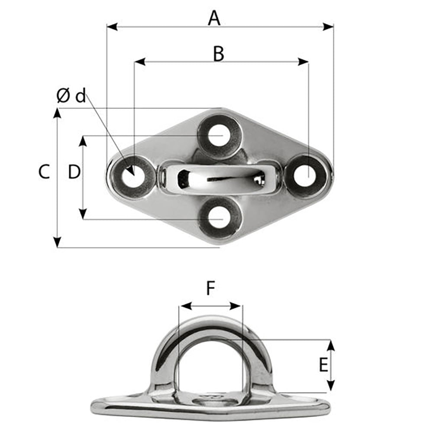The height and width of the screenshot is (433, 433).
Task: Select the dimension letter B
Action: tap(219, 54)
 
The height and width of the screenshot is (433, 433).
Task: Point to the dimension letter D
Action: tap(74, 172)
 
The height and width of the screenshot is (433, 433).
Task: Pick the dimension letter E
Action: tap(323, 365)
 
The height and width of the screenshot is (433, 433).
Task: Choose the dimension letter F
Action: tap(210, 288)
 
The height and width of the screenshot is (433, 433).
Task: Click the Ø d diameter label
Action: tap(71, 96)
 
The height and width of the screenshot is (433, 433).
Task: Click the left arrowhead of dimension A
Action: tap(111, 27)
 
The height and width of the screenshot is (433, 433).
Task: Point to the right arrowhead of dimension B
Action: tap(304, 62)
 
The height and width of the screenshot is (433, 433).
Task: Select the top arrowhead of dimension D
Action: tap(83, 140)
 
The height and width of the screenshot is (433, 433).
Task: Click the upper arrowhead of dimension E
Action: tap(330, 344)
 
